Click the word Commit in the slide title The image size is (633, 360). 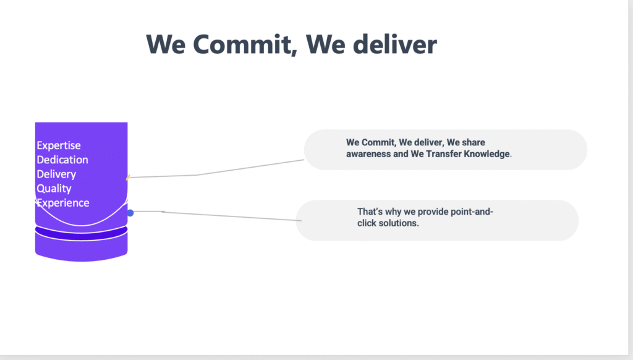point(242,45)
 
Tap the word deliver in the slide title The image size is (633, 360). point(395,44)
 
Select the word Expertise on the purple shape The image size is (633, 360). point(59,146)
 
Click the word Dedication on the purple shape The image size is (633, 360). point(62,160)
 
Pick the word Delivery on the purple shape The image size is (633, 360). point(56,174)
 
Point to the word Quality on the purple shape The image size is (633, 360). point(54,189)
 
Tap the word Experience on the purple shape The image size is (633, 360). point(63,203)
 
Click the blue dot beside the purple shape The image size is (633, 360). point(130,213)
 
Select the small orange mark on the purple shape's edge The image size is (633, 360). point(128,177)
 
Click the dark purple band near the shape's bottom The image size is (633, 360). point(81,233)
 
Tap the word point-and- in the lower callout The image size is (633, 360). point(472,212)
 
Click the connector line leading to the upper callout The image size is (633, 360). point(216,173)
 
